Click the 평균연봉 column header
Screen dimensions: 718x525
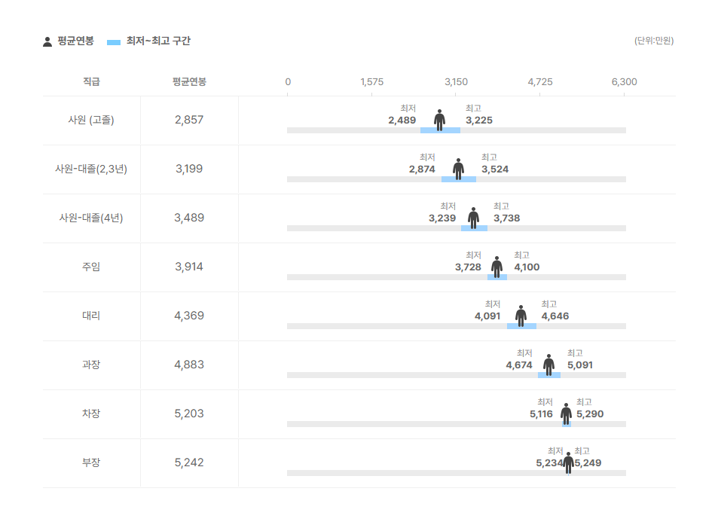point(189,82)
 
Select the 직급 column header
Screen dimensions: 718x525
point(91,82)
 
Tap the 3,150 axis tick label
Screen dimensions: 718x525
point(456,82)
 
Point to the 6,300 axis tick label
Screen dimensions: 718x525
point(624,82)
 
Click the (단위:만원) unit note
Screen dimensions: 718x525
point(654,41)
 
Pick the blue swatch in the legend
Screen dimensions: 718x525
point(114,43)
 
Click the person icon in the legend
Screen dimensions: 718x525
point(47,41)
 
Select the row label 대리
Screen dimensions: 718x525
point(91,316)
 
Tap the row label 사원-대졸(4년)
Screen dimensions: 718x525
point(91,218)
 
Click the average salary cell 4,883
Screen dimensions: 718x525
point(189,365)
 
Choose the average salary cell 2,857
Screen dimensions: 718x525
point(189,120)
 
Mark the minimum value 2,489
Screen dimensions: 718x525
point(402,121)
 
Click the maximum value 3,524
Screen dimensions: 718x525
point(495,169)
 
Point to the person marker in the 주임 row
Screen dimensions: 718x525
point(496,267)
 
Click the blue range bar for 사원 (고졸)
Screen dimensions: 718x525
point(441,130)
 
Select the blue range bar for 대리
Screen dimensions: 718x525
point(521,326)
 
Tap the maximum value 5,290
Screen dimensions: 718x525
point(590,414)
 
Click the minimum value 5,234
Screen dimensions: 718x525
point(549,463)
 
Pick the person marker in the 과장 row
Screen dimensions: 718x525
point(549,365)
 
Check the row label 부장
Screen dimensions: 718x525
point(91,462)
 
